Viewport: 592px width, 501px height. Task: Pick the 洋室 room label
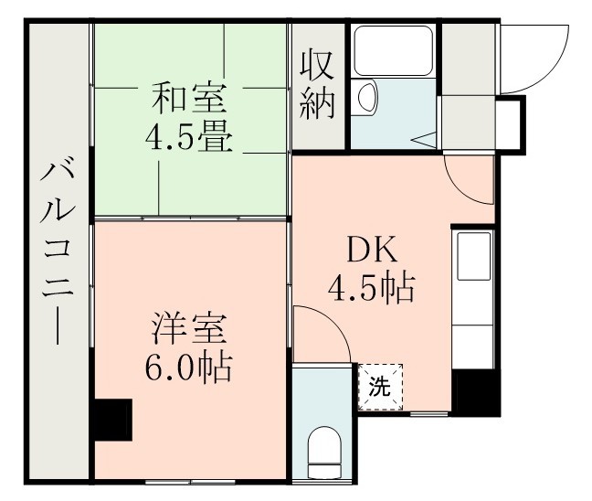click(190, 326)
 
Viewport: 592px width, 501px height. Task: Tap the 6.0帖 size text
click(189, 369)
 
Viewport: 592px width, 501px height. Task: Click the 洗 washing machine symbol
click(379, 386)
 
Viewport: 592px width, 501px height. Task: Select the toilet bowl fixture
click(322, 450)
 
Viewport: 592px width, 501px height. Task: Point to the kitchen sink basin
click(474, 257)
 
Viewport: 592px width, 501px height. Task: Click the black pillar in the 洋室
click(113, 420)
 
